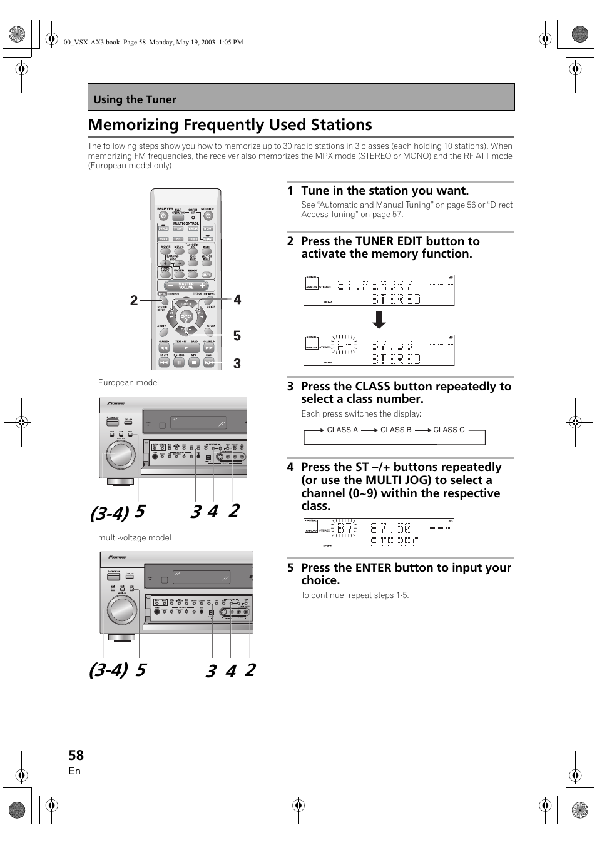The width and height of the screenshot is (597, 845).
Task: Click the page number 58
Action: coord(76,755)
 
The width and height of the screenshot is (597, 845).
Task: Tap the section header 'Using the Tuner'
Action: coord(135,99)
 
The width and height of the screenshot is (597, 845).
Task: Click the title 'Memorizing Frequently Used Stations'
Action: coord(230,125)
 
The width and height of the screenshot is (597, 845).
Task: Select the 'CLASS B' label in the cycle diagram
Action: coord(395,430)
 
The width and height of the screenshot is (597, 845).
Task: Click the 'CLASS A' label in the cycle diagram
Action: coord(342,430)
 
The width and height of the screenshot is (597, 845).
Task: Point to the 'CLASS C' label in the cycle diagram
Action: coord(449,430)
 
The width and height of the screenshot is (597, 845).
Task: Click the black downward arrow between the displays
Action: coord(379,320)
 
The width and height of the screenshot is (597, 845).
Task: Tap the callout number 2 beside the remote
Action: coord(134,301)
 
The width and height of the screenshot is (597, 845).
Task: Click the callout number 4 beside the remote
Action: coord(237,300)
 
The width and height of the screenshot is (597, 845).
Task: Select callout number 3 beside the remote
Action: coord(237,363)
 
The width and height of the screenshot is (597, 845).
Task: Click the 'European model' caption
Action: coord(128,382)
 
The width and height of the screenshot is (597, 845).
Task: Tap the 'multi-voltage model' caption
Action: coord(135,537)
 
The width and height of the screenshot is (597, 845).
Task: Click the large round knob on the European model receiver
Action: coord(120,455)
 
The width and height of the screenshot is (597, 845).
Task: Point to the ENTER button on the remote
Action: coord(186,317)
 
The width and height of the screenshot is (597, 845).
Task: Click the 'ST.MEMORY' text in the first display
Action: coord(375,285)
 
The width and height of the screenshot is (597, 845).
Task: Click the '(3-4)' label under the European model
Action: coord(109,514)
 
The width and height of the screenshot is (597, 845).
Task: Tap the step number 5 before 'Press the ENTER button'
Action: coord(290,568)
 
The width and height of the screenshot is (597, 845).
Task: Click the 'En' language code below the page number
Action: coord(74,771)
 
